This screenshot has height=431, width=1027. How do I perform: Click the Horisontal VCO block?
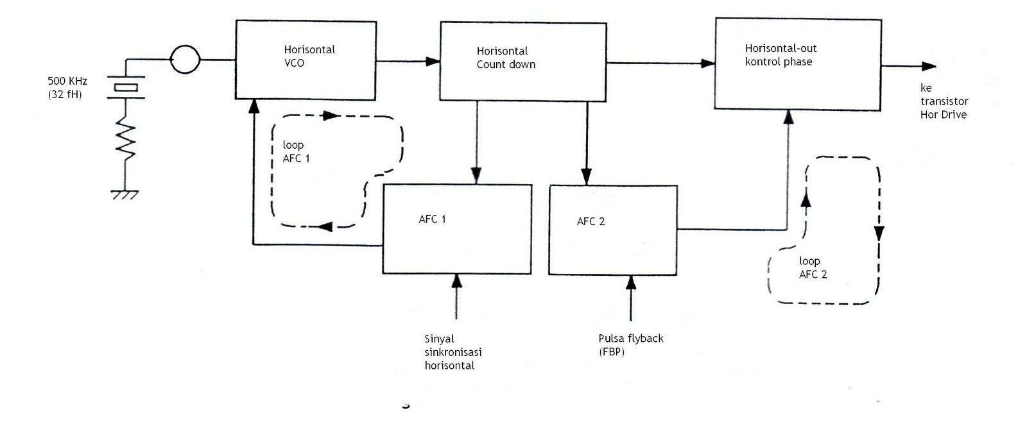(x=305, y=60)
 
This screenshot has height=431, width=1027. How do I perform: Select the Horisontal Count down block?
(x=522, y=62)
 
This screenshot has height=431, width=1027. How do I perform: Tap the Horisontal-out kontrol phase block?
(x=798, y=64)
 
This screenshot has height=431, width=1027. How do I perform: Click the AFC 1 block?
(x=456, y=229)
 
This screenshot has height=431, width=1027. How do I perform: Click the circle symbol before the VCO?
(x=185, y=60)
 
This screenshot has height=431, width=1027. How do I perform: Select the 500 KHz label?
(x=67, y=81)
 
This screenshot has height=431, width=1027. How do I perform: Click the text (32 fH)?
(x=65, y=95)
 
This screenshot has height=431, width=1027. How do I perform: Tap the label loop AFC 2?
(x=812, y=267)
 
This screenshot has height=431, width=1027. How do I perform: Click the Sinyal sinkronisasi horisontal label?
(x=453, y=352)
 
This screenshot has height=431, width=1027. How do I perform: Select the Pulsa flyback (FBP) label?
(x=630, y=344)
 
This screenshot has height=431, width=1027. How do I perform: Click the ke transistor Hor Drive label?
(x=944, y=101)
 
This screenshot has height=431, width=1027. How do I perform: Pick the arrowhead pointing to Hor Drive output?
(x=929, y=66)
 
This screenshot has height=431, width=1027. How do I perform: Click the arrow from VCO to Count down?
(x=407, y=62)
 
